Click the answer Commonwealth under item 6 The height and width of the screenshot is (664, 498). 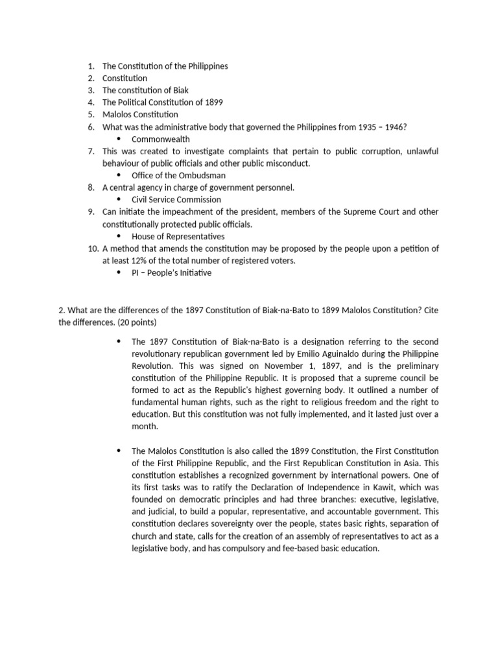pos(160,139)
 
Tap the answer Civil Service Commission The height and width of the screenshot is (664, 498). pos(176,200)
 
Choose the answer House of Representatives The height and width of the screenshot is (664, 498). pos(178,236)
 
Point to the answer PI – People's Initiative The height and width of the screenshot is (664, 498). pos(171,272)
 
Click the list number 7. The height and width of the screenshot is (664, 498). pos(91,151)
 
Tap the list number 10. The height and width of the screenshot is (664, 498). pos(93,248)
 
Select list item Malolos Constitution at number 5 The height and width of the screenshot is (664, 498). pos(140,115)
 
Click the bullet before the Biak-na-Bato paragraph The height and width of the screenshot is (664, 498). pos(119,341)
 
